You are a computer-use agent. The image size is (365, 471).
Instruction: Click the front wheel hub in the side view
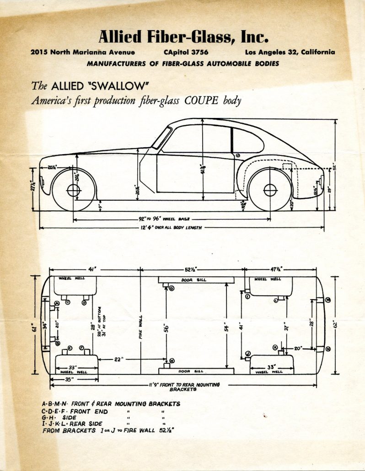coord(73,190)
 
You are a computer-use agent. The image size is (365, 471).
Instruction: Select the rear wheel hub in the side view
coord(270,190)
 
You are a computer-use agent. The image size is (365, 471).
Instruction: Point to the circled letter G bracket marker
coord(172,289)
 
